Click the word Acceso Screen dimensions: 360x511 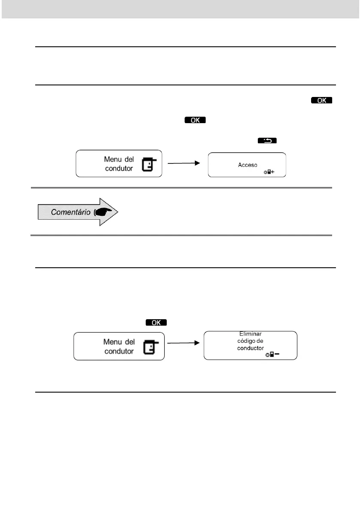click(x=248, y=165)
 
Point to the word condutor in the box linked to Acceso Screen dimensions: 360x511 click(x=119, y=168)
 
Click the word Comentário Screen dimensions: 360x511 click(x=70, y=212)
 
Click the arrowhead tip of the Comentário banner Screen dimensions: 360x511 click(x=118, y=212)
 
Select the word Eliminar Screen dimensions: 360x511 click(x=250, y=333)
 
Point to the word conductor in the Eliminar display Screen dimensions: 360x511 click(x=250, y=348)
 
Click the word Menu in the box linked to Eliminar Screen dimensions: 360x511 click(x=113, y=342)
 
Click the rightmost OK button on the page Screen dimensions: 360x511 click(x=322, y=100)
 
